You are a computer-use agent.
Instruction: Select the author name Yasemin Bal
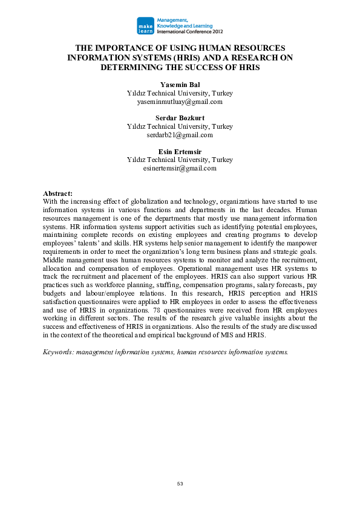pos(180,85)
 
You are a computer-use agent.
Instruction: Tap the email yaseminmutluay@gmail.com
pos(180,102)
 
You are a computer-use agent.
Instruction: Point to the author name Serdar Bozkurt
pos(180,118)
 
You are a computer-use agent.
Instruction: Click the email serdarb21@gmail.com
pos(180,135)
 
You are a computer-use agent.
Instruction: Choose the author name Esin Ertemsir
pos(180,152)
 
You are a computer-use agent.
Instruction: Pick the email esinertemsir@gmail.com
pos(180,169)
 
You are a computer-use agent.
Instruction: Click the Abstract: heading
pos(59,193)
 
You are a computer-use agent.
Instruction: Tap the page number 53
pos(180,484)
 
